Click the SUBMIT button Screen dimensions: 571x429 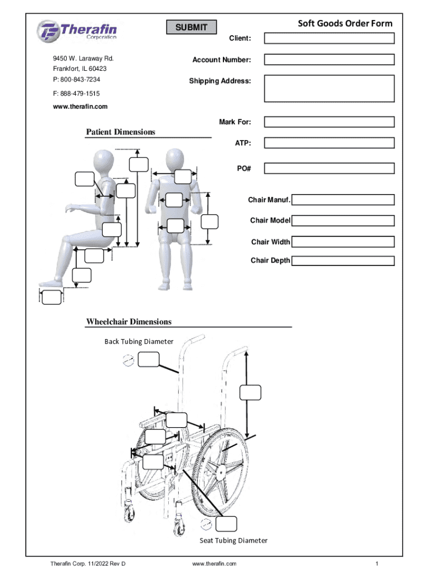tap(191, 27)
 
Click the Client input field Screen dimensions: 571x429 tap(329, 38)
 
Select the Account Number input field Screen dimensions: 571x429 tap(329, 60)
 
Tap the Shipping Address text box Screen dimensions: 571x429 tap(329, 88)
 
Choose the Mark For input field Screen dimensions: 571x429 tap(329, 122)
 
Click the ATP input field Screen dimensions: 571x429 tap(329, 143)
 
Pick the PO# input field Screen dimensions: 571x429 tap(329, 168)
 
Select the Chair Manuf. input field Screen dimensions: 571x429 tap(343, 200)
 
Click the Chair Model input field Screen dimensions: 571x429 tap(343, 221)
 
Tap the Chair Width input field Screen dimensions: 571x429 tap(343, 242)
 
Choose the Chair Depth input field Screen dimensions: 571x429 tap(343, 260)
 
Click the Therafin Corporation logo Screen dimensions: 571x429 tap(77, 31)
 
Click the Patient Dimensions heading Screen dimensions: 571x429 tap(120, 132)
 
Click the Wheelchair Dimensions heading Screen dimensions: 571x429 tap(129, 322)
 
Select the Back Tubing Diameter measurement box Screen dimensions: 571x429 tap(149, 360)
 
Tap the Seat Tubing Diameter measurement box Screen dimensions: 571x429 tap(227, 524)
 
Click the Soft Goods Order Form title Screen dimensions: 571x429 tap(345, 23)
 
